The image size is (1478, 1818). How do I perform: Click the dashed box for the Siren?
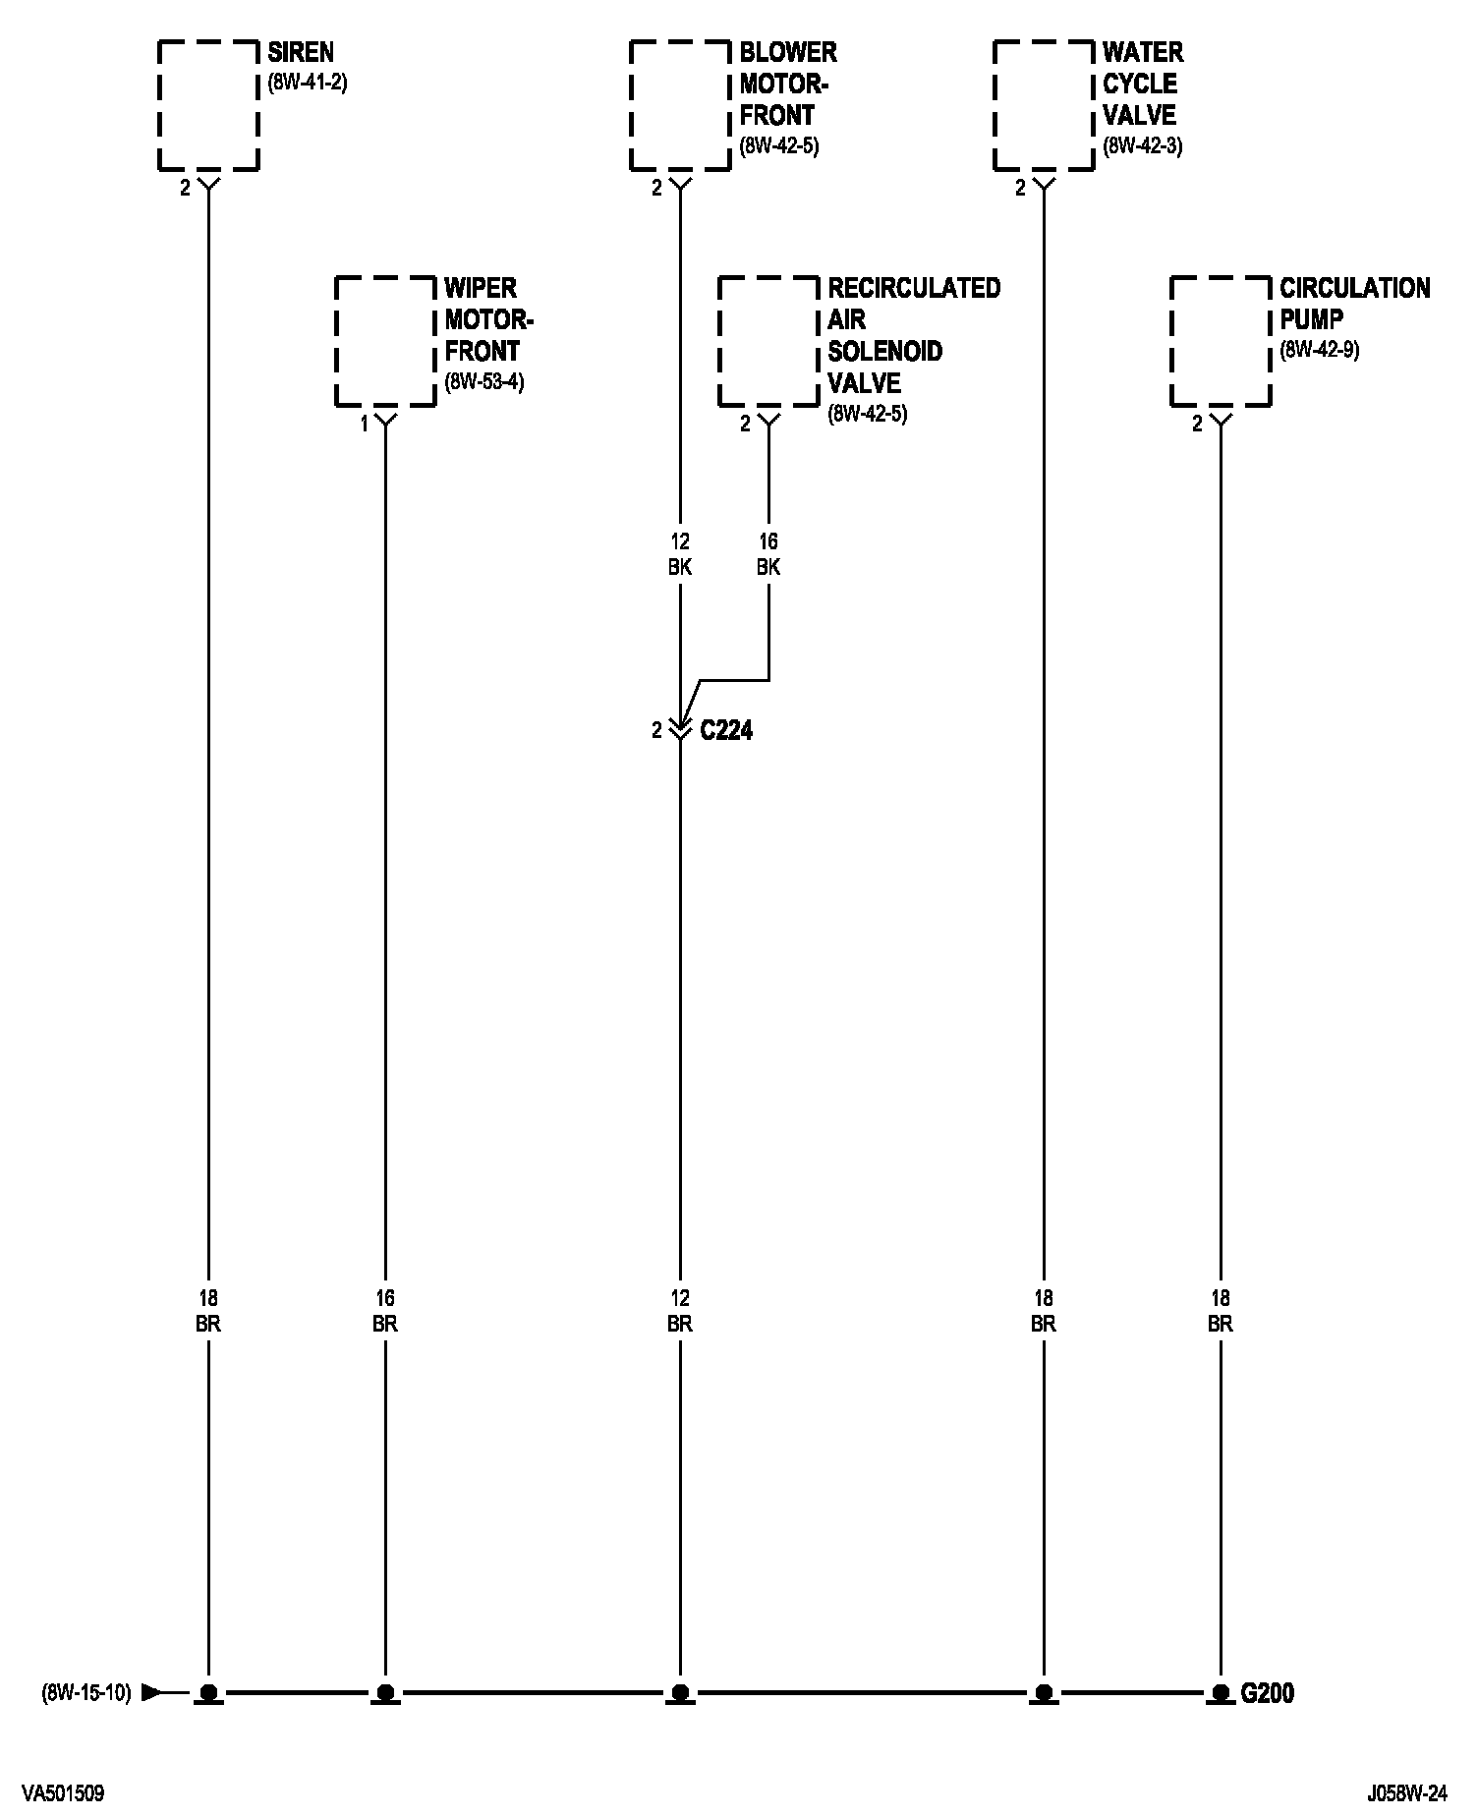pyautogui.click(x=208, y=105)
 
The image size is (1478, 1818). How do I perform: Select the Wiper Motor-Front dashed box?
pyautogui.click(x=385, y=341)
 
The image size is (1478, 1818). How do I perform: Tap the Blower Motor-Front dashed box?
pyautogui.click(x=680, y=105)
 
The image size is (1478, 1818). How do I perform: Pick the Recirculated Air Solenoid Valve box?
pyautogui.click(x=768, y=341)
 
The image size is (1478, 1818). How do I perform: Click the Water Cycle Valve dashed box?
pyautogui.click(x=1044, y=105)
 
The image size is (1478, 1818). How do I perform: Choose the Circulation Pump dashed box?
pyautogui.click(x=1221, y=341)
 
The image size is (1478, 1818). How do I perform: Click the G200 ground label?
pyautogui.click(x=1267, y=1692)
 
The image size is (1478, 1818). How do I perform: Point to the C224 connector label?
pyautogui.click(x=726, y=730)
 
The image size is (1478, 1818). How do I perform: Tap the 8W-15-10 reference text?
pyautogui.click(x=86, y=1692)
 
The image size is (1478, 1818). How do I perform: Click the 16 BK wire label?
pyautogui.click(x=768, y=554)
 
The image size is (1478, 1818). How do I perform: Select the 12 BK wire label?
pyautogui.click(x=680, y=554)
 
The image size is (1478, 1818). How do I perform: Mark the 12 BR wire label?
pyautogui.click(x=680, y=1311)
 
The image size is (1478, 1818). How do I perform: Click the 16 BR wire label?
pyautogui.click(x=385, y=1311)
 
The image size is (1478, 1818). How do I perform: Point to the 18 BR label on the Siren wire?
pyautogui.click(x=208, y=1311)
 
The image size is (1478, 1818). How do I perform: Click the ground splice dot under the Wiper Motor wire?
pyautogui.click(x=385, y=1692)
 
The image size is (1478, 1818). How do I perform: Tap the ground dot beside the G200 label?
pyautogui.click(x=1221, y=1692)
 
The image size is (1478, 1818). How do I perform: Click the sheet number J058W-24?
pyautogui.click(x=1406, y=1792)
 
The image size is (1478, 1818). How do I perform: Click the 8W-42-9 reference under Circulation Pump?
pyautogui.click(x=1319, y=351)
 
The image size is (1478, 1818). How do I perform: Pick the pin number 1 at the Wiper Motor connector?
pyautogui.click(x=364, y=424)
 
